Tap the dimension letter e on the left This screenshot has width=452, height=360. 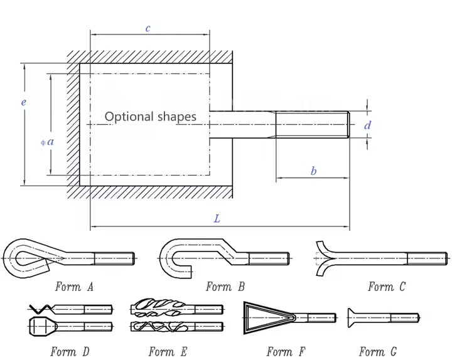pos(23,102)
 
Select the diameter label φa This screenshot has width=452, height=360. pos(47,142)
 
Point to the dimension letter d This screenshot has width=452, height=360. pos(368,125)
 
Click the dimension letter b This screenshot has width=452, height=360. pos(313,171)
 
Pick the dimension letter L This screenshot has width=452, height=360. pos(217,219)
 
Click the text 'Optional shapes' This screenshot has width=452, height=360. pos(150,117)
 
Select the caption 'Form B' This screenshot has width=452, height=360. pos(225,287)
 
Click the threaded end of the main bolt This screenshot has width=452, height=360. pos(312,124)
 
